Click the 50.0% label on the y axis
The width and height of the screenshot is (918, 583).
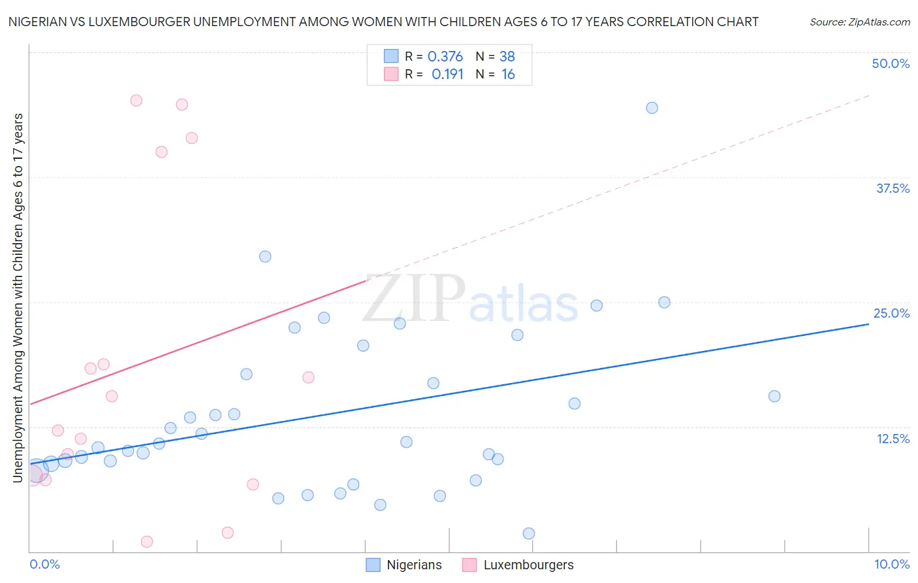891,63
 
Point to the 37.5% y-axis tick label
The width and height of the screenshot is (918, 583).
893,188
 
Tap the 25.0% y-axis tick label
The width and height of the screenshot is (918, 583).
891,313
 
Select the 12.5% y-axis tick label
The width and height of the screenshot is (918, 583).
893,439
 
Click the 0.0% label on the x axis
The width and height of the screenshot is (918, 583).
44,564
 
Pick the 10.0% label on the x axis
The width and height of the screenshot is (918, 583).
891,564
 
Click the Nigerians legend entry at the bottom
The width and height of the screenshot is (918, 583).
413,565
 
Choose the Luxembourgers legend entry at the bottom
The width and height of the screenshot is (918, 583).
528,565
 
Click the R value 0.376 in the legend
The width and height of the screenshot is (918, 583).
445,57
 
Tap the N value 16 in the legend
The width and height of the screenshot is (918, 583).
508,75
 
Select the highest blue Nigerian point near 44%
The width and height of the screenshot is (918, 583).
652,108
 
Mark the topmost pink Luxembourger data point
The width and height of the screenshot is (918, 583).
136,101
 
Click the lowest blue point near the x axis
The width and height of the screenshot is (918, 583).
529,533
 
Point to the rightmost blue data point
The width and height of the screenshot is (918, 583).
774,396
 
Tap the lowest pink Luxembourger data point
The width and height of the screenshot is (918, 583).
147,542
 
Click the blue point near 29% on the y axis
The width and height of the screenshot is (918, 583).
265,256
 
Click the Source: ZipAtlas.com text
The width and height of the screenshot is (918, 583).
859,22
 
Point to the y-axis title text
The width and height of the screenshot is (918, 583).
18,297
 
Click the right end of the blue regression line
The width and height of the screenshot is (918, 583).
868,324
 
